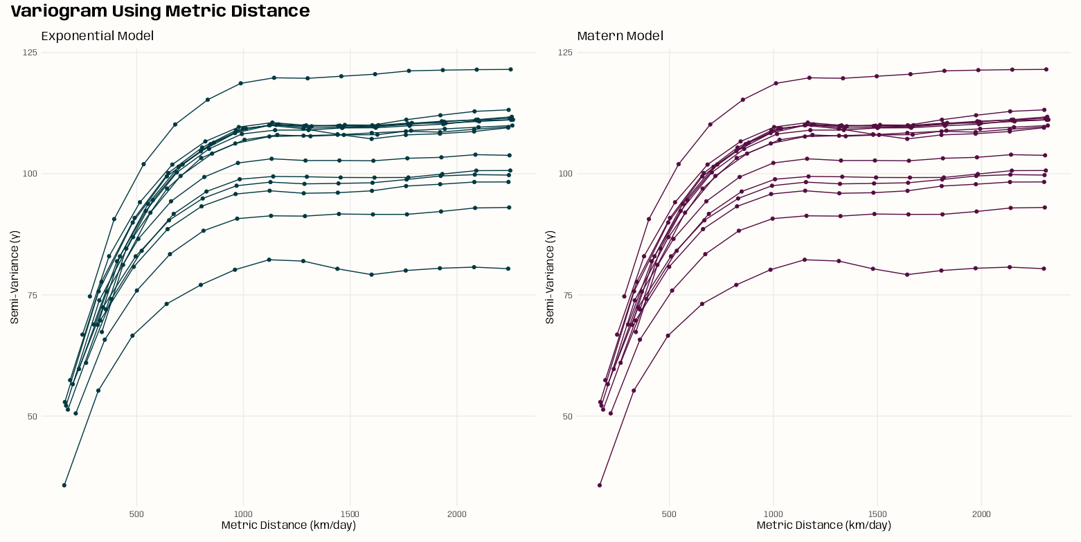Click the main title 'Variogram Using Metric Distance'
pos(160,11)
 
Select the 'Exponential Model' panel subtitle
pos(98,36)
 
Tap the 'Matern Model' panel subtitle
pos(620,36)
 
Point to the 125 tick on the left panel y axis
pos(30,53)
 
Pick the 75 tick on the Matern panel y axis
pos(567,296)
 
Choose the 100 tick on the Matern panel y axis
pos(565,174)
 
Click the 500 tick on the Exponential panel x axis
pos(136,514)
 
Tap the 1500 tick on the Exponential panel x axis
pos(350,514)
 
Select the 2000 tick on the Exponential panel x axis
pos(456,514)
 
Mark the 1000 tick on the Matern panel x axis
pos(773,514)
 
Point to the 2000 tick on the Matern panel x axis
pos(981,514)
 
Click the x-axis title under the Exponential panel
pos(288,525)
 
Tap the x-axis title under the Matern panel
pos(823,525)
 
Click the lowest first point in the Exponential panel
pos(64,485)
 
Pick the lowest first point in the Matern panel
pos(600,485)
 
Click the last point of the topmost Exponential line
pos(510,69)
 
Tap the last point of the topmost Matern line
pos(1046,69)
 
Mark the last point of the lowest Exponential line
pos(508,269)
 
